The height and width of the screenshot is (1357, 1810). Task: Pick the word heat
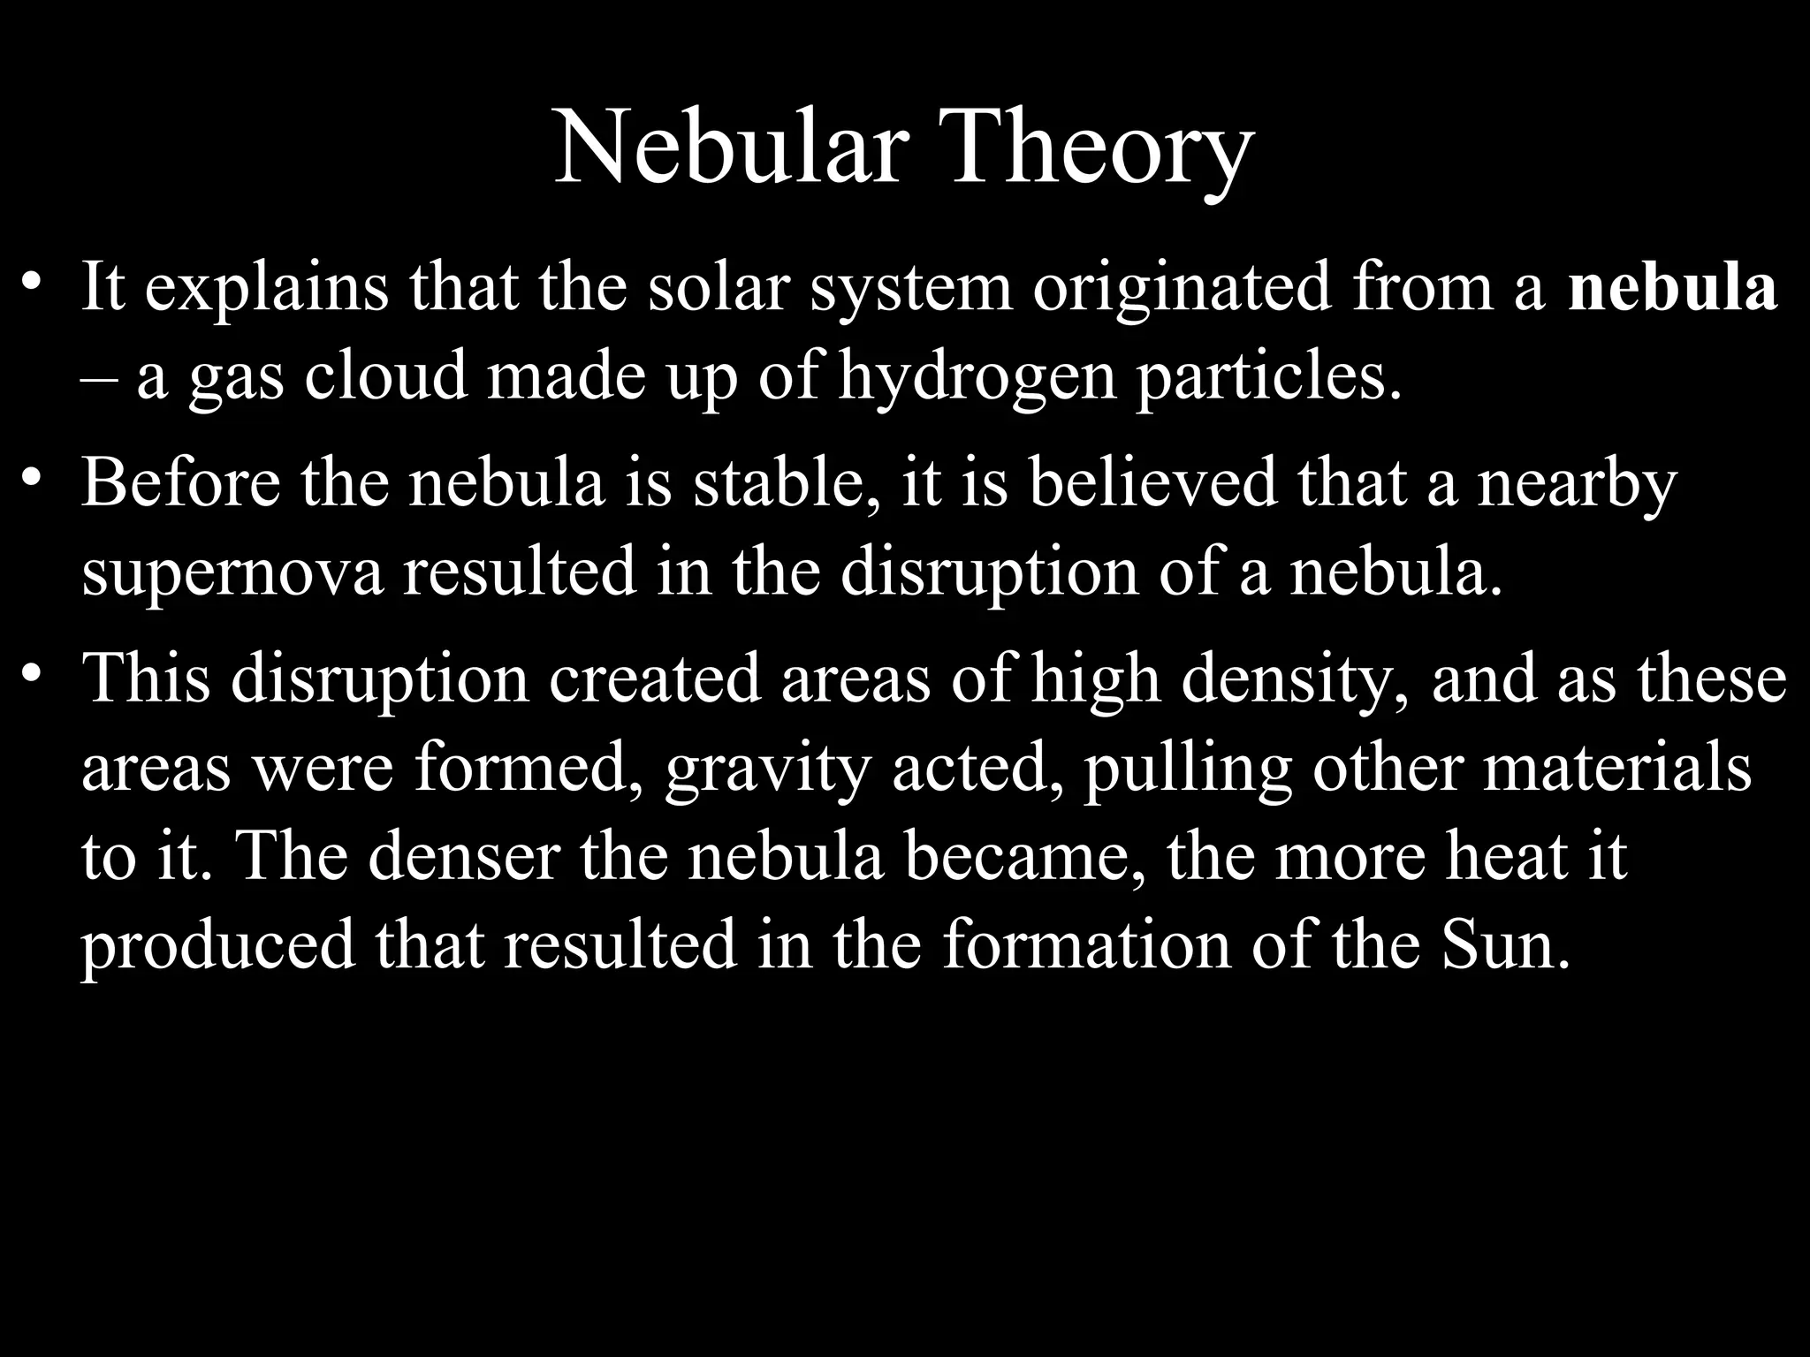point(1506,855)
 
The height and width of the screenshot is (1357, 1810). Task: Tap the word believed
point(1152,483)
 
